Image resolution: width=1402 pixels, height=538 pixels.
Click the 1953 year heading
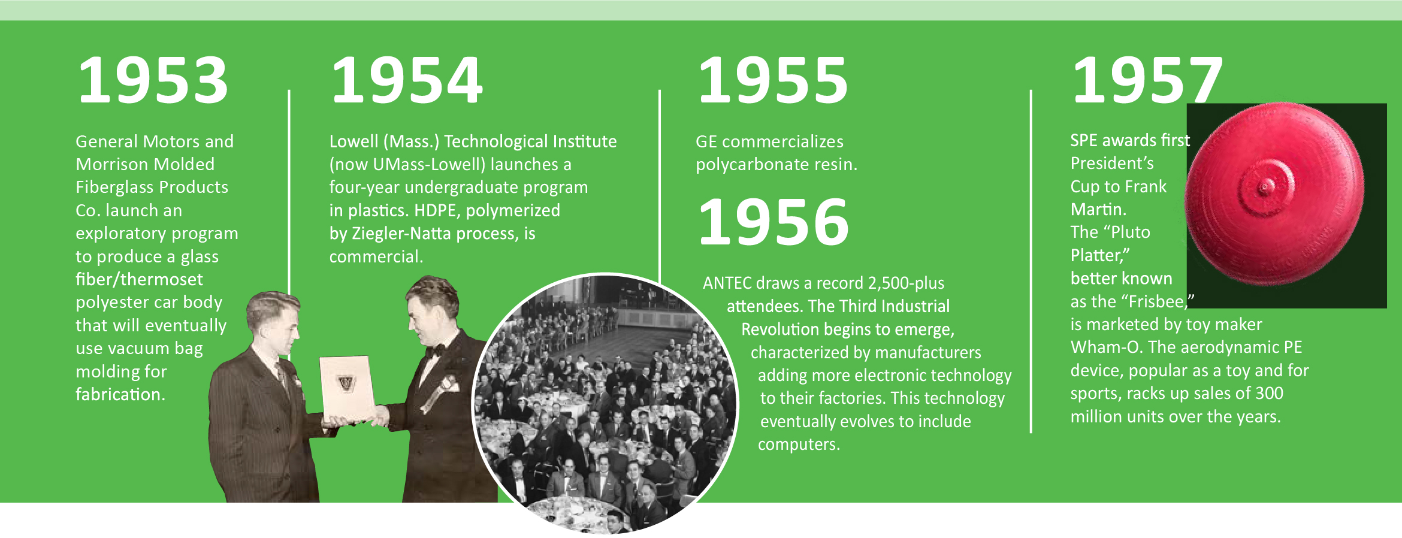coord(153,80)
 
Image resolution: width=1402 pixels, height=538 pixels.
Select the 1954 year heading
coord(407,80)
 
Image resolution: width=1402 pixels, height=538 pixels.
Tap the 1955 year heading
coord(773,80)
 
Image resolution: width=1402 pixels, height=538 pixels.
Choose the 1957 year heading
coord(1147,80)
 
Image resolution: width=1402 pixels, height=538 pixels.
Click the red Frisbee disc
coord(1274,193)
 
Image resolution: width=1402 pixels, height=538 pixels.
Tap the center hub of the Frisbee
coord(1265,187)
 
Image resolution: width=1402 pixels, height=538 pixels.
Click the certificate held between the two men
coord(347,388)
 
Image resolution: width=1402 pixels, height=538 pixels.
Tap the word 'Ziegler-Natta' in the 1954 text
coord(393,233)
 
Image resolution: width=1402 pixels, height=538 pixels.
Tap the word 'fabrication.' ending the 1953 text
coord(120,394)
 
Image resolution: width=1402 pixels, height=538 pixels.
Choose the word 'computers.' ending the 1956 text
coord(799,445)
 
